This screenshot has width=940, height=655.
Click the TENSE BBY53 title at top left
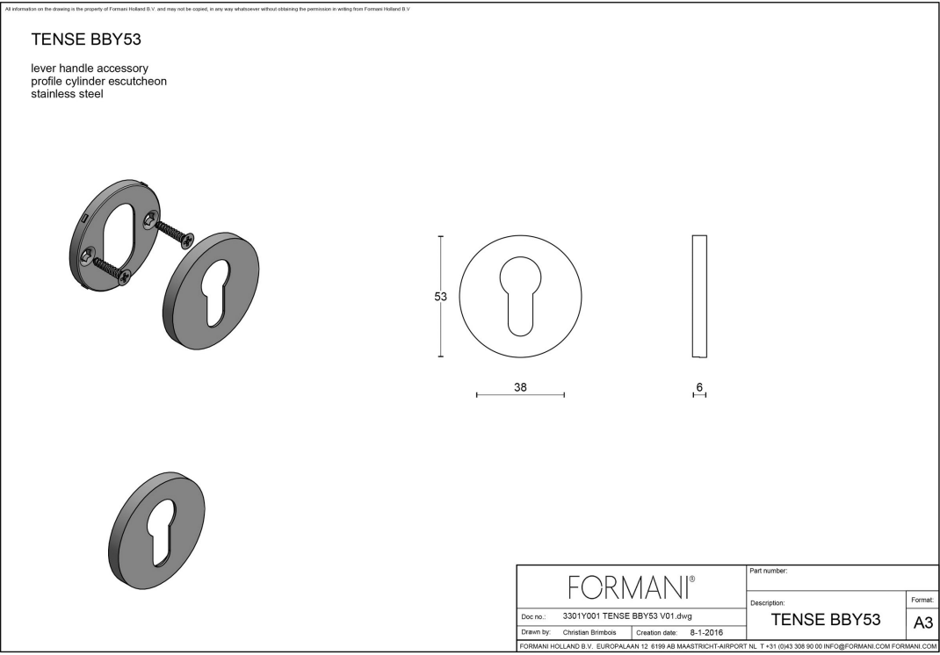(x=86, y=40)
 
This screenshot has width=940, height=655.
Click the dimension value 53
(x=441, y=297)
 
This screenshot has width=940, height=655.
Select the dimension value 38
(x=520, y=386)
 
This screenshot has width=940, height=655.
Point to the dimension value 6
(x=699, y=386)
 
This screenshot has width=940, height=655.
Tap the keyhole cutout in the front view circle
(x=520, y=294)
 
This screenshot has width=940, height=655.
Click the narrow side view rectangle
(x=699, y=297)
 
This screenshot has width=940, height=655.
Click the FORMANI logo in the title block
(x=632, y=585)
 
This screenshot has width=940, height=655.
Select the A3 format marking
(x=922, y=623)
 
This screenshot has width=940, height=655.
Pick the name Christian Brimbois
(x=589, y=632)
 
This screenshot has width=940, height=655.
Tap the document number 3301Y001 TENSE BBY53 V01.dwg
(x=626, y=615)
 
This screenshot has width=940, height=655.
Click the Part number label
(x=769, y=572)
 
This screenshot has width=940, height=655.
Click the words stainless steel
(x=67, y=94)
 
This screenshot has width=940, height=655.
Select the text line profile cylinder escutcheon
(x=98, y=81)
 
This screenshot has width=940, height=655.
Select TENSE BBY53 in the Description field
(x=825, y=619)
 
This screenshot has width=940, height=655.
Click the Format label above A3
(x=922, y=600)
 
